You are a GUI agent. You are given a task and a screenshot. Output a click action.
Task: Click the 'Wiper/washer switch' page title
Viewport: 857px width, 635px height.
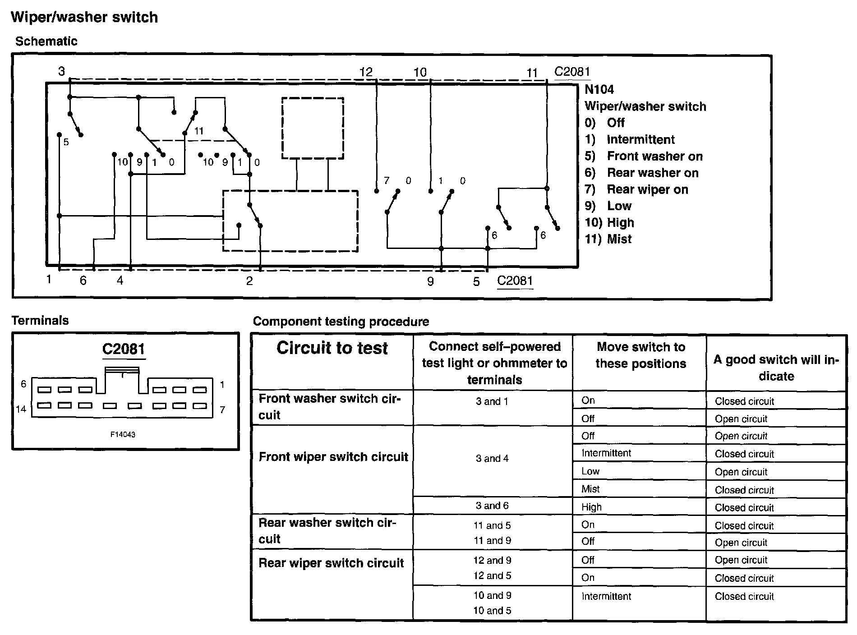tap(84, 17)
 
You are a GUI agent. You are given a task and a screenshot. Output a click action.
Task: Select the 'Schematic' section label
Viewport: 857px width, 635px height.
tap(46, 41)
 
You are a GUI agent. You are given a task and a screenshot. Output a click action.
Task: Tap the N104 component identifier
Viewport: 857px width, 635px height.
tap(599, 89)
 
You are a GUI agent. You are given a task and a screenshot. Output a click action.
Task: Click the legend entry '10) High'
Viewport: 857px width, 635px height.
tap(609, 222)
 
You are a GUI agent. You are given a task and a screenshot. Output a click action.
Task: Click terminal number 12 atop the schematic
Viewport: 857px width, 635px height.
tap(366, 72)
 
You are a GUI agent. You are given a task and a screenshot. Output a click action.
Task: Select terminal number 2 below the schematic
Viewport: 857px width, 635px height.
tap(249, 281)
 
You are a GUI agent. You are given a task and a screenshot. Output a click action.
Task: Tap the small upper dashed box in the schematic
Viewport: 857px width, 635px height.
tap(313, 128)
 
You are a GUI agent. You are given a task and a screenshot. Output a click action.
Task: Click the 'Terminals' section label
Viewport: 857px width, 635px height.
tap(40, 321)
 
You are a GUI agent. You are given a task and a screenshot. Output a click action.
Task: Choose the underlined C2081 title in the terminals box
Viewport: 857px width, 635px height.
tap(124, 349)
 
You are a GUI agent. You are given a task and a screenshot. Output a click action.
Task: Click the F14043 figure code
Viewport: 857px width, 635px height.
tap(123, 435)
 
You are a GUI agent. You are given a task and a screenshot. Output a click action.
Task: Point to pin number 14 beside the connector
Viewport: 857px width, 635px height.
tap(21, 409)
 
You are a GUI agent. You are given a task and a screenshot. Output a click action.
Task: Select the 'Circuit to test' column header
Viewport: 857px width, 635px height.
tap(332, 348)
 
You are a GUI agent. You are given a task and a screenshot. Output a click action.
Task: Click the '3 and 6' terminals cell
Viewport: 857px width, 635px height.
tap(492, 506)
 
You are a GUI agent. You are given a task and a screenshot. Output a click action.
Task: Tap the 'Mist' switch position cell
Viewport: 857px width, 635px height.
tap(590, 489)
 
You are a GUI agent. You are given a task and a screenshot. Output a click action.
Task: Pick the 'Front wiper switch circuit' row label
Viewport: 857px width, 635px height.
tap(333, 457)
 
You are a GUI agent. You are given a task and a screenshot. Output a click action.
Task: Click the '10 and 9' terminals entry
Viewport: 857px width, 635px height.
tap(492, 595)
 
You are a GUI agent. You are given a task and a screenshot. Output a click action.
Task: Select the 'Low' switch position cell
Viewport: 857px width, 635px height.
tap(590, 471)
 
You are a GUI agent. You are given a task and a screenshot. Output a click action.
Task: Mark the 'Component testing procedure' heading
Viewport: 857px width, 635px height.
tap(341, 322)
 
